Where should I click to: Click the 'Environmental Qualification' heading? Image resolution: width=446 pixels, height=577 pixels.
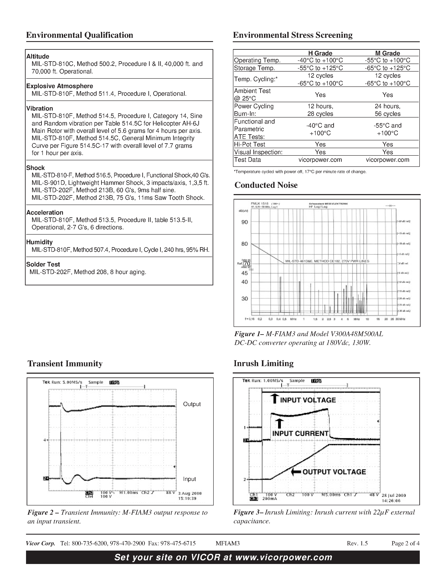click(80, 35)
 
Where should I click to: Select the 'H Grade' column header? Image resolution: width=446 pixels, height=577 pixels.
click(320, 53)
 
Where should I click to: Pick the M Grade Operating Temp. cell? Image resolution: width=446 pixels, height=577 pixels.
click(387, 60)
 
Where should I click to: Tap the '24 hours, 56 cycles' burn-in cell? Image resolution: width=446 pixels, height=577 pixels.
click(387, 110)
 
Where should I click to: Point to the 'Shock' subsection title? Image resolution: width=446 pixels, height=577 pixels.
click(35, 168)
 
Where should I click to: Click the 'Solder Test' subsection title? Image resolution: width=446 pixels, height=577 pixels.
click(43, 264)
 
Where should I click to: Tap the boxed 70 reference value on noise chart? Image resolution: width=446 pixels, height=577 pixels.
click(247, 264)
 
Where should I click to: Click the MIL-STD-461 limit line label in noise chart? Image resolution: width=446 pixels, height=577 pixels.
click(327, 261)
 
